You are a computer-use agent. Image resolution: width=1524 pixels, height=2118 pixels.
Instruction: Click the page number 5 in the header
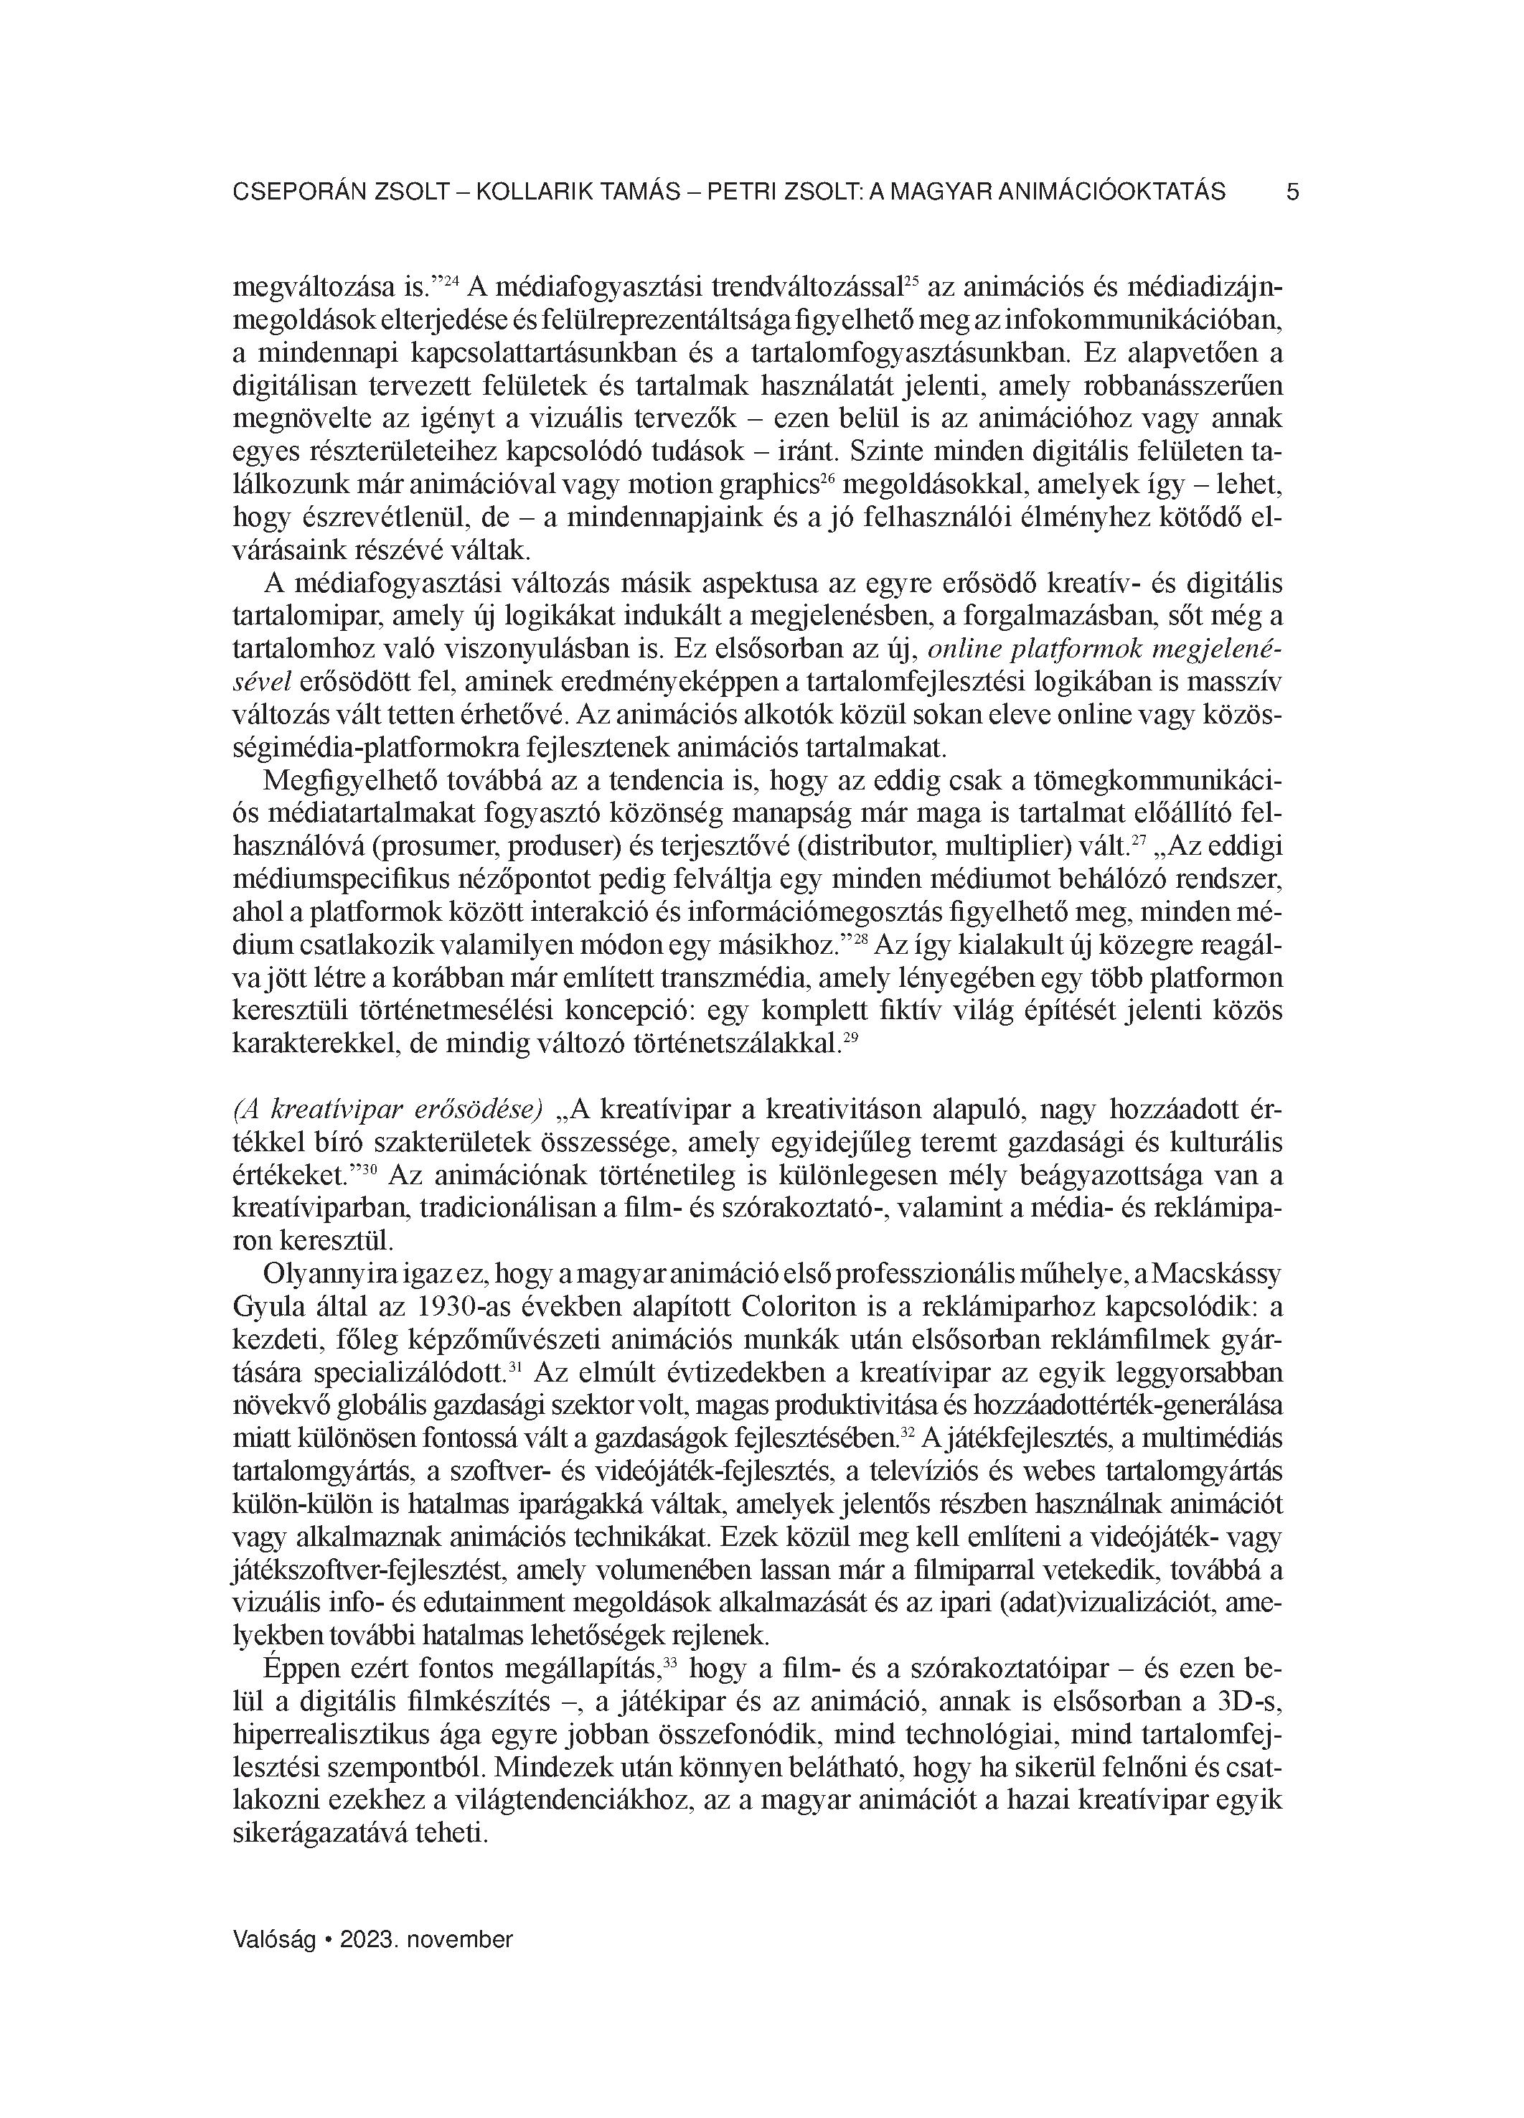click(x=1292, y=192)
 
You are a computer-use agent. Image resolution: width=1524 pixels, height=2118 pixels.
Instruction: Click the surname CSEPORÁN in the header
click(x=297, y=192)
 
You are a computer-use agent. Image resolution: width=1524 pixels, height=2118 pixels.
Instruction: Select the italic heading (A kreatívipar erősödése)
click(x=387, y=1110)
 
